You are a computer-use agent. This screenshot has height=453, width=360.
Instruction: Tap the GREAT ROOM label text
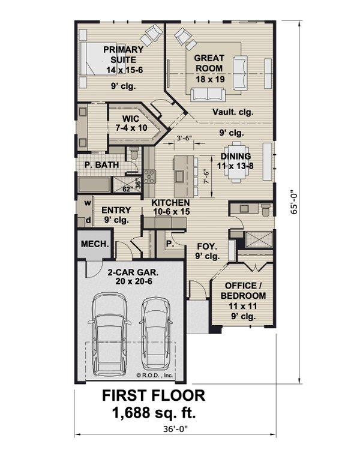209,63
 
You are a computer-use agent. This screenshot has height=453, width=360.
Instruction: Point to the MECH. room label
95,244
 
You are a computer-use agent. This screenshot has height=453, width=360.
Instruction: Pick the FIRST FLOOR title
154,396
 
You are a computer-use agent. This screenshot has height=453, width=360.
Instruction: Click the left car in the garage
110,336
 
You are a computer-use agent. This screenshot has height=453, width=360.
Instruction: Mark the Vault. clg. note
233,112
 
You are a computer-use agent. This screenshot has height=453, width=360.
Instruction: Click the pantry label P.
170,244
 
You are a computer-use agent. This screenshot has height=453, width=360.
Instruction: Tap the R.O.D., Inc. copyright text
155,376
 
